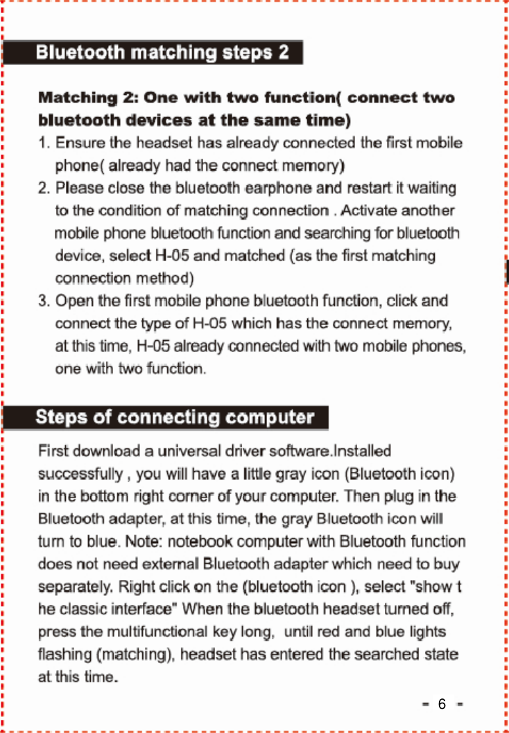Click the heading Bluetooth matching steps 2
click(162, 53)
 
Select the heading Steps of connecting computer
click(175, 418)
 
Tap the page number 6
click(442, 705)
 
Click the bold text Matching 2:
click(87, 98)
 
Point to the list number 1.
click(43, 144)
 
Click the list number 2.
click(43, 188)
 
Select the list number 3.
click(43, 301)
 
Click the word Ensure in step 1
click(77, 144)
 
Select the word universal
click(189, 452)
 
